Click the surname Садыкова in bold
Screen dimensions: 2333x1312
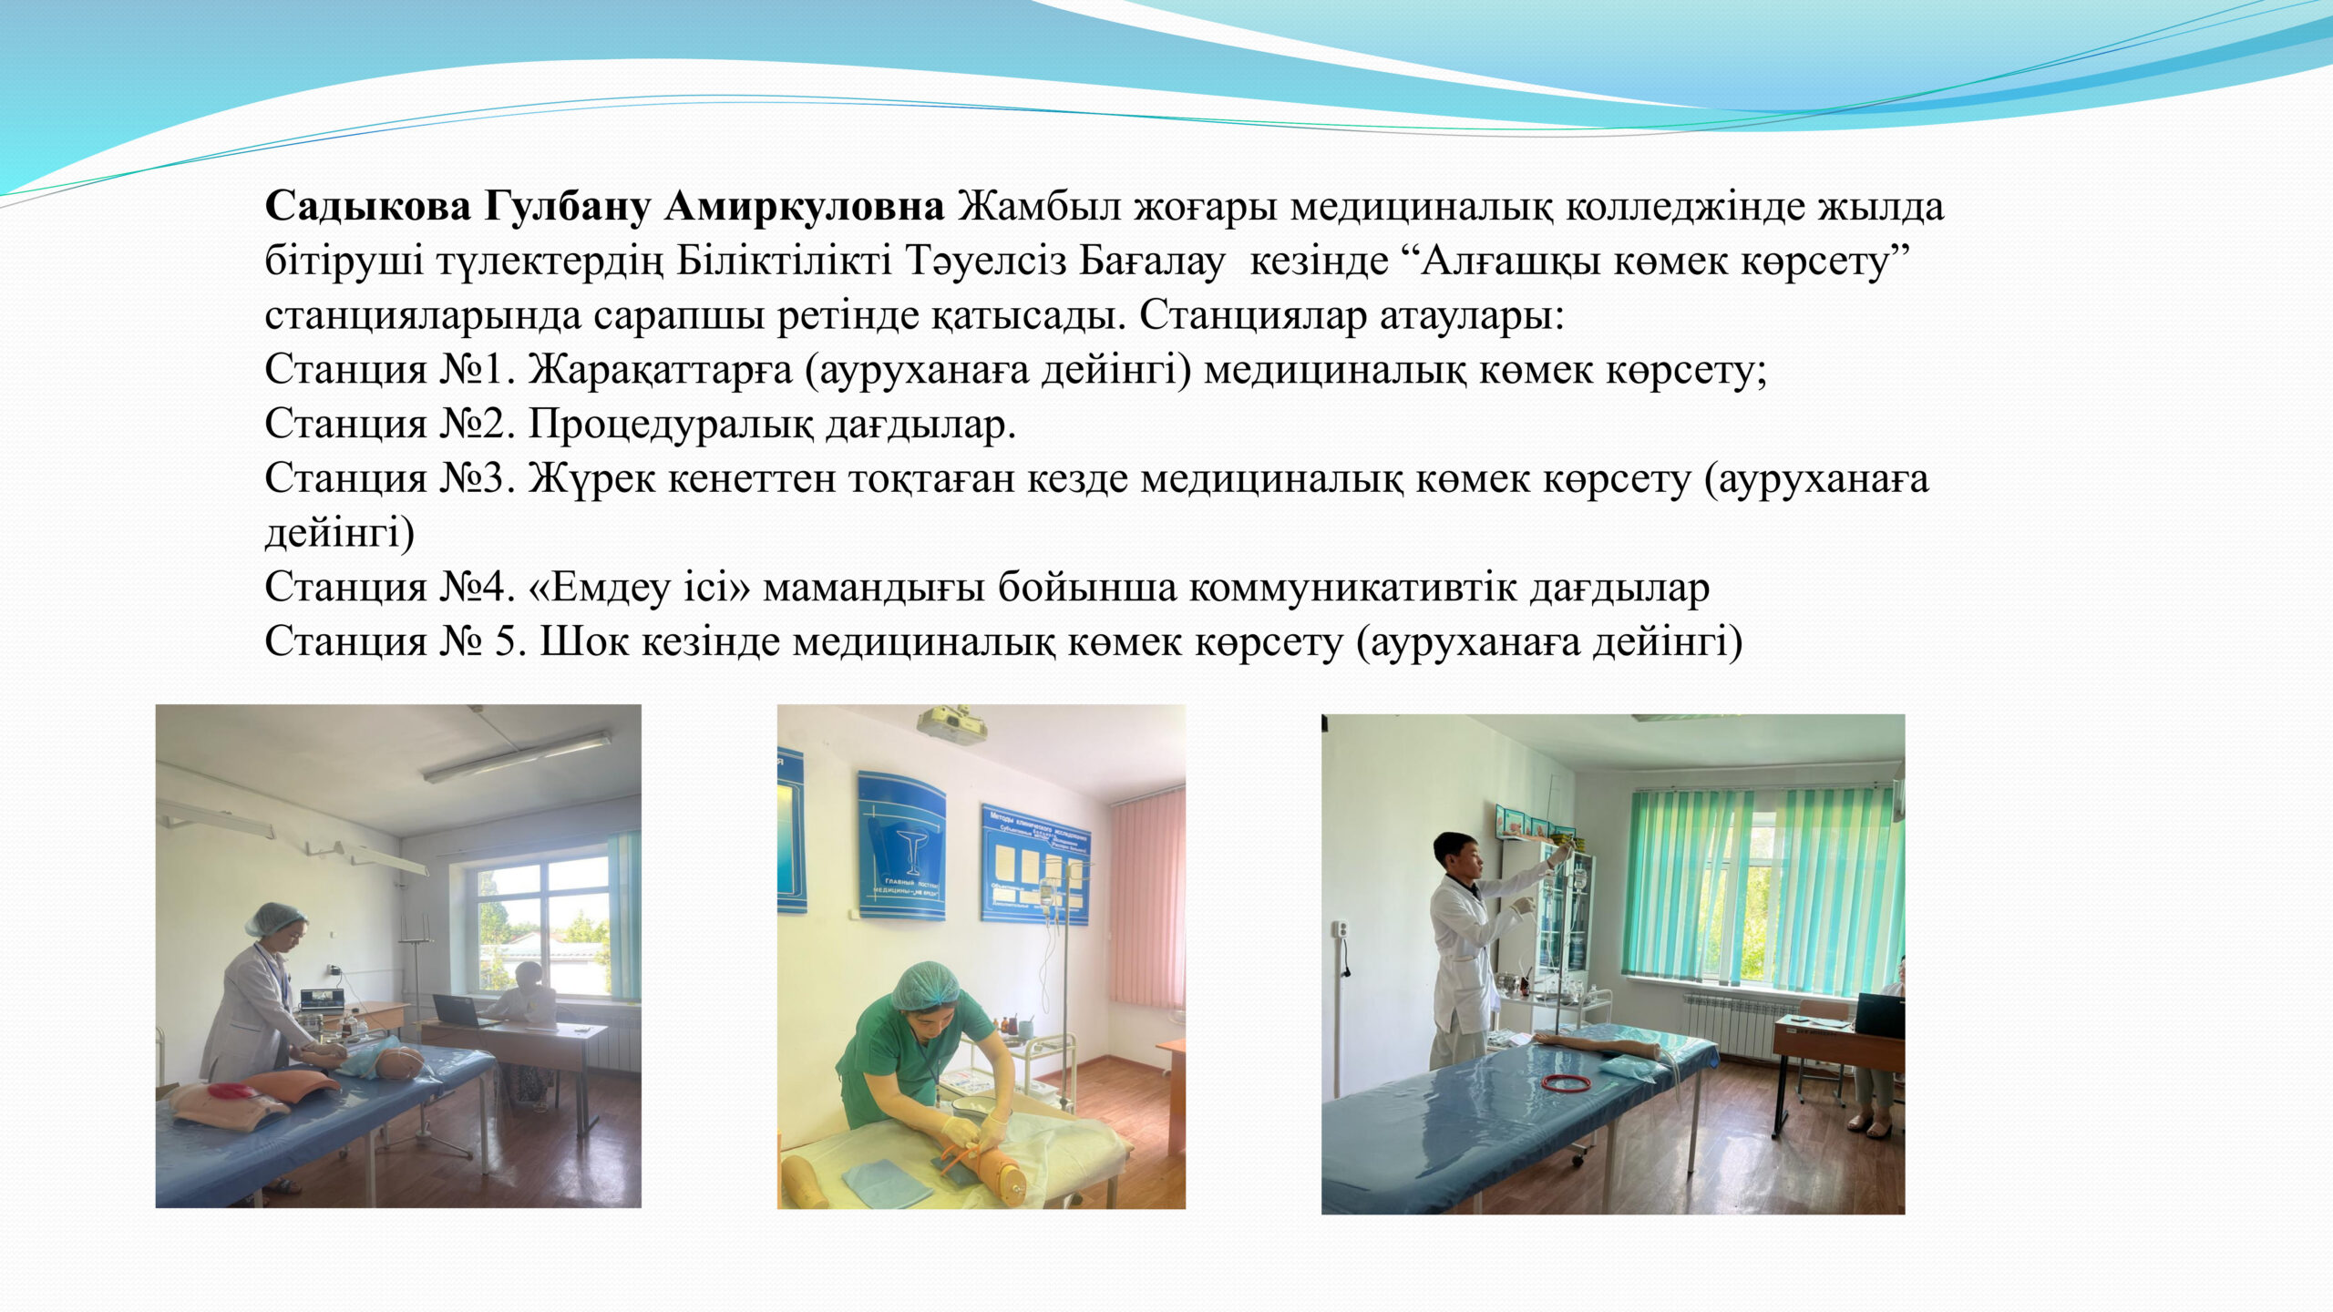(367, 207)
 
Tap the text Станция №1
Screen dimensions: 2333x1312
(390, 370)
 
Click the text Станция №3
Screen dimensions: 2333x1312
(390, 479)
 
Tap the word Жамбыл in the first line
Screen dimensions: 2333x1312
(1037, 207)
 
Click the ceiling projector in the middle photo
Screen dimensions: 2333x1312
(951, 724)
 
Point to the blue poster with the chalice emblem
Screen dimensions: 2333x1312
(901, 845)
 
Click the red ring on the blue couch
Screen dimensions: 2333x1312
(1566, 1082)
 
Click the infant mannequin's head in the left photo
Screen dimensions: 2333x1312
(399, 1063)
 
